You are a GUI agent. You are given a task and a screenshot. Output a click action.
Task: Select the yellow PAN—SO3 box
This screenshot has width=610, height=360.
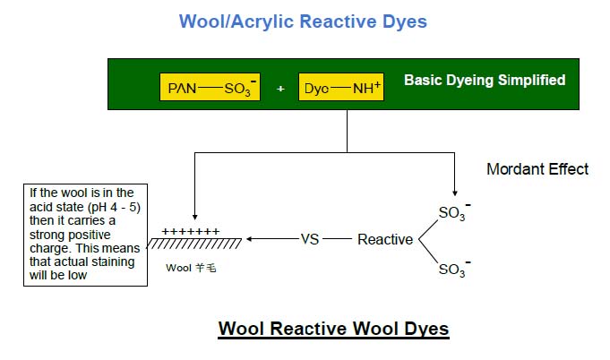(210, 88)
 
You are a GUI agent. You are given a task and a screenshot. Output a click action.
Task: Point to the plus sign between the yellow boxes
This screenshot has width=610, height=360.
(280, 90)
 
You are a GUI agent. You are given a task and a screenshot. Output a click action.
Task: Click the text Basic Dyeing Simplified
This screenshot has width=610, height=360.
(485, 81)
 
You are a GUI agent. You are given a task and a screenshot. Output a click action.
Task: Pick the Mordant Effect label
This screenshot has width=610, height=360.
(537, 168)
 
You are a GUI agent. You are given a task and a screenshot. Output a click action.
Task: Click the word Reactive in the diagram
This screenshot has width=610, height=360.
(385, 239)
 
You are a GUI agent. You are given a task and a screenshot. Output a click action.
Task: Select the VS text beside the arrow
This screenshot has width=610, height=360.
(310, 239)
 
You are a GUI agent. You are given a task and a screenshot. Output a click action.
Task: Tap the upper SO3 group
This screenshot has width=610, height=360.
(452, 212)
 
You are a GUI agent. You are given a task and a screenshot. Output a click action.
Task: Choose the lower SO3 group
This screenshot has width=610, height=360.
(452, 268)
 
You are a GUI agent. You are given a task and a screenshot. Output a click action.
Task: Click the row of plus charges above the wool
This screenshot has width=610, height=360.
(190, 231)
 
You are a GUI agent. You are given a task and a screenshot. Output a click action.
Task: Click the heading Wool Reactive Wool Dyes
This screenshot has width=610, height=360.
(333, 329)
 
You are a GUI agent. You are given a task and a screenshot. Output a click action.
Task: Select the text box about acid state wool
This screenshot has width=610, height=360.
(86, 235)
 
